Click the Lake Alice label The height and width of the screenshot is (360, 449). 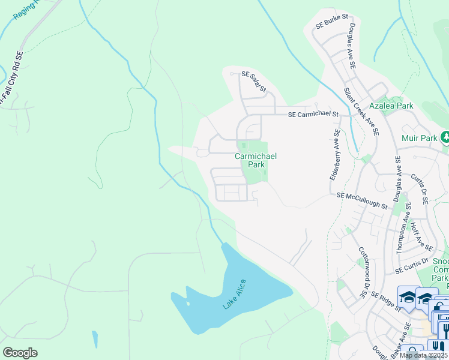pos(235,295)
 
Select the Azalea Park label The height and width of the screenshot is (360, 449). pos(391,106)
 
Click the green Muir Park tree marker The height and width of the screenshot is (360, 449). pos(445,137)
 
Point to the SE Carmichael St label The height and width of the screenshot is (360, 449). pos(313,114)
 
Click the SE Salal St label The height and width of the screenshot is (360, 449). pos(254,82)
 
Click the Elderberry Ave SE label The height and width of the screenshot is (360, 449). pos(334,155)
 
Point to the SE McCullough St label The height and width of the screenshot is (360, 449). pos(362,200)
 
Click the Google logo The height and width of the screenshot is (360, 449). pos(20,353)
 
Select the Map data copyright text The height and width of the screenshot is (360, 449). pos(424,355)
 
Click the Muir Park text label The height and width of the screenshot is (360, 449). pos(420,138)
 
